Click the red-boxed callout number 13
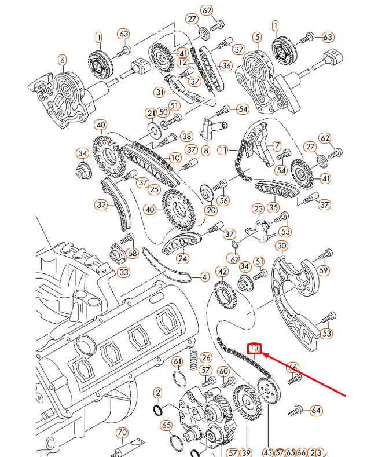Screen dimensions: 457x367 (254, 349)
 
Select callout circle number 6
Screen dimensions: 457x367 (62, 60)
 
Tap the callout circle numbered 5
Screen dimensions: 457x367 (257, 37)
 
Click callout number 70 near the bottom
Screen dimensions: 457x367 (122, 433)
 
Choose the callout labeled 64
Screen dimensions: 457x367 (315, 411)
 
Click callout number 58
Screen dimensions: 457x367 (132, 253)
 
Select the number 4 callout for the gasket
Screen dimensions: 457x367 (204, 277)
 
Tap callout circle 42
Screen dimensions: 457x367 (222, 271)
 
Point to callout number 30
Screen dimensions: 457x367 (281, 246)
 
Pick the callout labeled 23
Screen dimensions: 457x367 (258, 209)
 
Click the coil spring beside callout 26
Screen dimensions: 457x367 (193, 362)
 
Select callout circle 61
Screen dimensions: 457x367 (178, 361)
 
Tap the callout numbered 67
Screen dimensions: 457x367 (234, 258)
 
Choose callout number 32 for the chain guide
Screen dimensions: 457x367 (102, 204)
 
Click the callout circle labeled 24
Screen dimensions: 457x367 (183, 258)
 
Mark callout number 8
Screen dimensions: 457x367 (205, 151)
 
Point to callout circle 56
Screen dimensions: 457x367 (224, 200)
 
